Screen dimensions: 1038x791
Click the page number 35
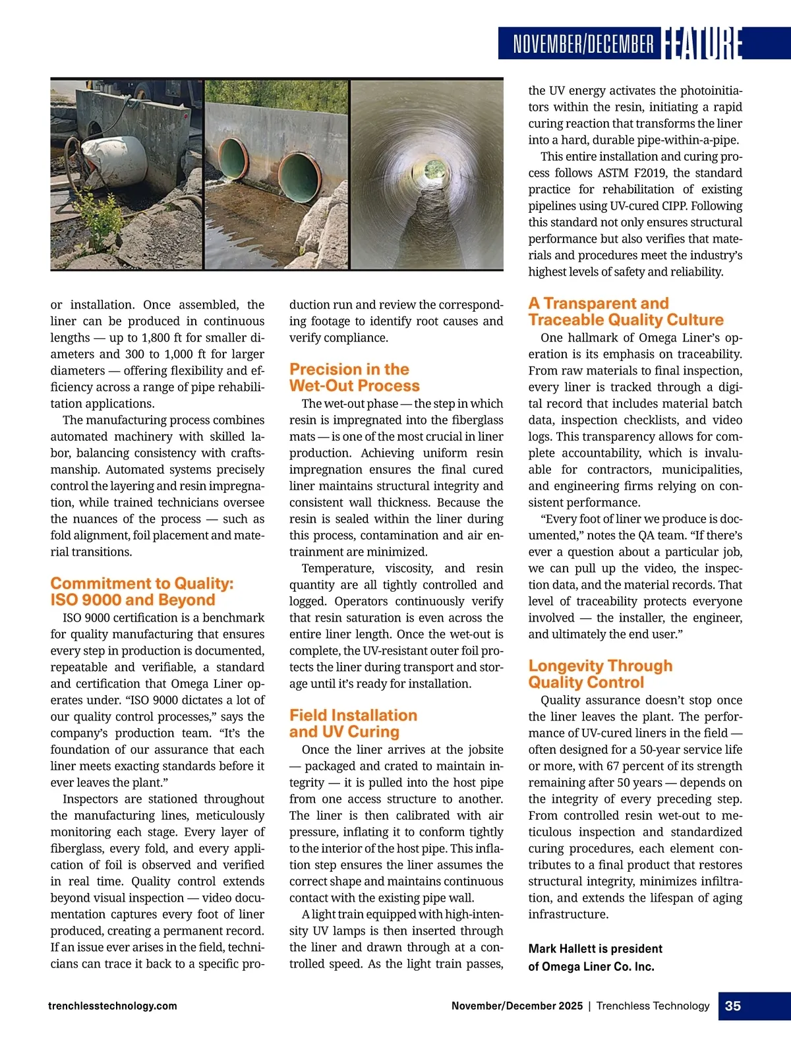pyautogui.click(x=732, y=1006)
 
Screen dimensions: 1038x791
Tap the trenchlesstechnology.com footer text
pyautogui.click(x=113, y=1006)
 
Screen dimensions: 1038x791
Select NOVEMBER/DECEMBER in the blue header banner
pyautogui.click(x=583, y=44)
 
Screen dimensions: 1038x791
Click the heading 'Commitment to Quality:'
pyautogui.click(x=142, y=583)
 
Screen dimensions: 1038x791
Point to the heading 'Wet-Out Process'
pyautogui.click(x=354, y=386)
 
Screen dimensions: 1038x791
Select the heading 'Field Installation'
pyautogui.click(x=353, y=715)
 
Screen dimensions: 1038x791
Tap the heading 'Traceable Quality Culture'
pyautogui.click(x=626, y=320)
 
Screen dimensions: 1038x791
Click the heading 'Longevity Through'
pyautogui.click(x=601, y=666)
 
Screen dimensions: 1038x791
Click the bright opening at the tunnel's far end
pyautogui.click(x=434, y=167)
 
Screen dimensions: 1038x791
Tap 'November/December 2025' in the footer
pyautogui.click(x=517, y=1006)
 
